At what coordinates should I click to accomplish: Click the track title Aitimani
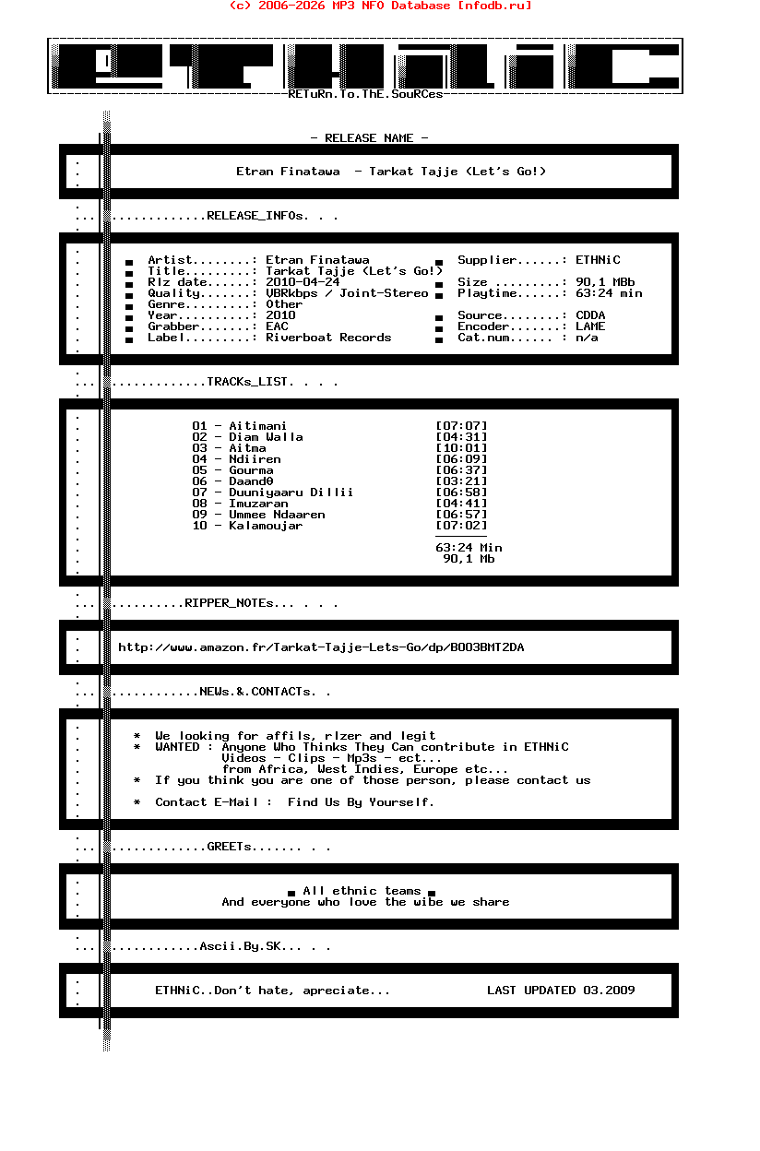[x=257, y=426]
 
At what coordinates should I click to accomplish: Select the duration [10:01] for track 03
[x=461, y=448]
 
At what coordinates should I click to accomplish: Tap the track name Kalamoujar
[x=266, y=526]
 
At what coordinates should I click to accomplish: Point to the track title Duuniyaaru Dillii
[x=291, y=492]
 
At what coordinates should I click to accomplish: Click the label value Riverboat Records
[x=328, y=338]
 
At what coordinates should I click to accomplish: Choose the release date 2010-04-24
[x=303, y=282]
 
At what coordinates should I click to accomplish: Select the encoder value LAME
[x=590, y=326]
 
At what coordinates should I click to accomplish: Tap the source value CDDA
[x=590, y=315]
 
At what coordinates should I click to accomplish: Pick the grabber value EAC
[x=277, y=326]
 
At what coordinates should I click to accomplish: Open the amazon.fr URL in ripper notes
[x=321, y=647]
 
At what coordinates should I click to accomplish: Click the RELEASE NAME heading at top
[x=369, y=138]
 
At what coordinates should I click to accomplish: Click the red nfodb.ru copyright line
[x=380, y=6]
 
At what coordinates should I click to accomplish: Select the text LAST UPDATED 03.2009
[x=561, y=991]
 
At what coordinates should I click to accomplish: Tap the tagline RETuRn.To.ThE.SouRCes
[x=365, y=94]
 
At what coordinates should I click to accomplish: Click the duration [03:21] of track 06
[x=461, y=481]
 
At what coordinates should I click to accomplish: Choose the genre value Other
[x=284, y=304]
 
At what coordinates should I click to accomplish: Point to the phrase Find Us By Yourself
[x=361, y=802]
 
